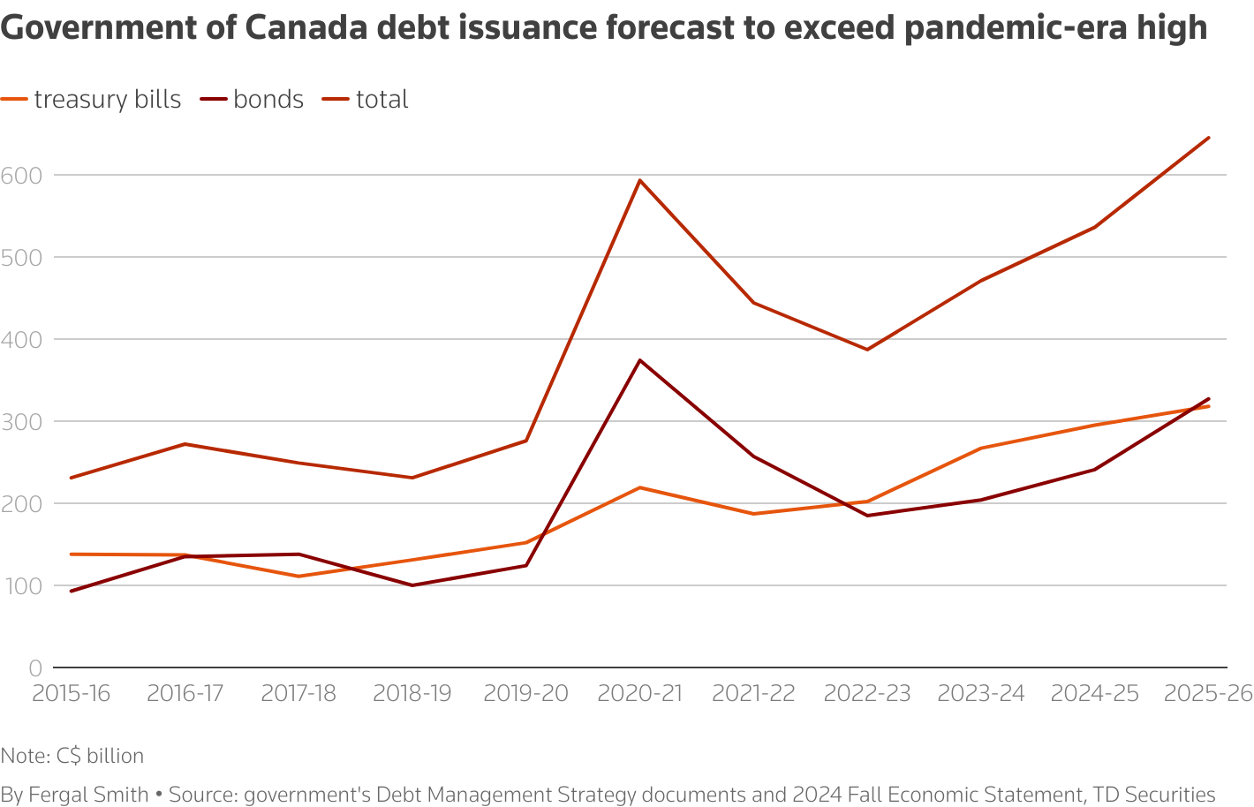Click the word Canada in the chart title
tap(303, 29)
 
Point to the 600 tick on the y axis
tap(21, 175)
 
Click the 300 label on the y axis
tap(21, 421)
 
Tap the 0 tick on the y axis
tap(35, 667)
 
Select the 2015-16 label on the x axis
tap(71, 693)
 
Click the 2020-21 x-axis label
tap(639, 693)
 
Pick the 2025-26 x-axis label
tap(1207, 693)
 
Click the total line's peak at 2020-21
tap(639, 180)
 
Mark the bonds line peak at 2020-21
tap(639, 360)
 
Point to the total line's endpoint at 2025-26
tap(1208, 138)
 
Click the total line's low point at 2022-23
tap(867, 350)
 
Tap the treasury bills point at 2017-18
tap(298, 577)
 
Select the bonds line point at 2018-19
tap(412, 585)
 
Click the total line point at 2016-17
tap(185, 444)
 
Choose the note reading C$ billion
tap(72, 756)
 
